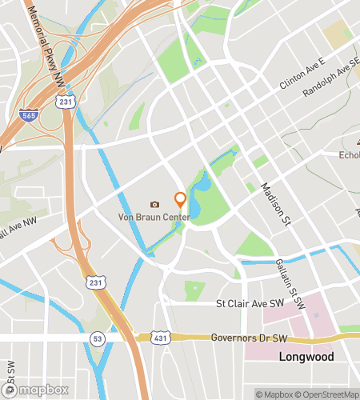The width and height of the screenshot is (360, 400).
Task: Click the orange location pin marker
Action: pyautogui.click(x=180, y=199)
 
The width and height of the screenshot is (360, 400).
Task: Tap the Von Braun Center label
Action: pyautogui.click(x=154, y=218)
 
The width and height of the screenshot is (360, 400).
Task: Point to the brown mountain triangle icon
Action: pyautogui.click(x=358, y=142)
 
